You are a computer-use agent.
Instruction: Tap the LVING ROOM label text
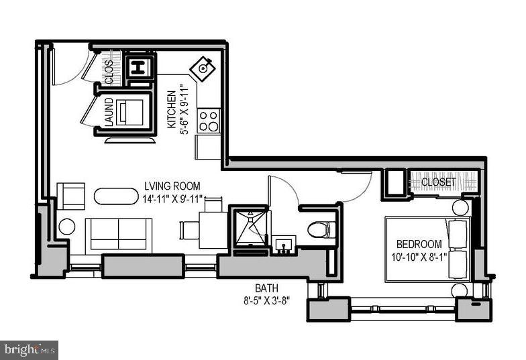coord(172,186)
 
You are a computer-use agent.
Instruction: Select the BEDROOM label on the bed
coord(419,244)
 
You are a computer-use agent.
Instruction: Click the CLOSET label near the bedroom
coord(438,182)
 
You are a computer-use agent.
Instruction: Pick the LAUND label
coord(109,113)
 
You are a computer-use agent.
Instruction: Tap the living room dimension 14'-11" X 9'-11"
coord(172,198)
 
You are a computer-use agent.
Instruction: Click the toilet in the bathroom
coord(322,230)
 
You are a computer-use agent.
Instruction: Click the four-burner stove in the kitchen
coord(209,121)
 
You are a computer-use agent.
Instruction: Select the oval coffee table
coord(115,196)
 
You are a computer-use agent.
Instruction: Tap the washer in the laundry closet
coord(130,112)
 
